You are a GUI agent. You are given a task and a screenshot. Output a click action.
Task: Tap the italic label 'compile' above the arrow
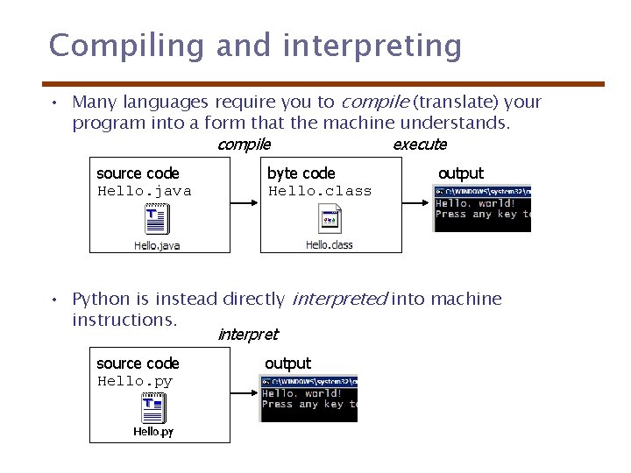244,145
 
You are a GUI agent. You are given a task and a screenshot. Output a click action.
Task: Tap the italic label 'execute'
420,145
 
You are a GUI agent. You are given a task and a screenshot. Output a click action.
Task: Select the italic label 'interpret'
247,335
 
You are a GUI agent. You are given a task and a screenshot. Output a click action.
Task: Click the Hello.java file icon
157,220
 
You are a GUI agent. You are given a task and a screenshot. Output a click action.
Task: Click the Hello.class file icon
330,220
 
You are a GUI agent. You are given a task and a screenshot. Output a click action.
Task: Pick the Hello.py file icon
154,408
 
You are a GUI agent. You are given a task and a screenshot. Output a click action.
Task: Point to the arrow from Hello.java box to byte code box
245,203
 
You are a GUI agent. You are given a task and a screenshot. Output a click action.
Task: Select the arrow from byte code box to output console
416,203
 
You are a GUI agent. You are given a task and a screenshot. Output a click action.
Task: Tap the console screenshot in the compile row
482,208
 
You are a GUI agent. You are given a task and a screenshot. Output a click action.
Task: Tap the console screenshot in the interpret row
308,399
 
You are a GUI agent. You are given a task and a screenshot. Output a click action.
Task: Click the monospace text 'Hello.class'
320,191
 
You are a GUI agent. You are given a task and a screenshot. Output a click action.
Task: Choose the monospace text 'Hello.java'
144,191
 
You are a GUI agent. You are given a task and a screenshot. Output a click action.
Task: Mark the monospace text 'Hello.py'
135,381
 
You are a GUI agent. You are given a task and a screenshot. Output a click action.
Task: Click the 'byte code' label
301,173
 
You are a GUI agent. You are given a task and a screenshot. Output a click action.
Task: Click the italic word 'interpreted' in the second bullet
338,300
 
